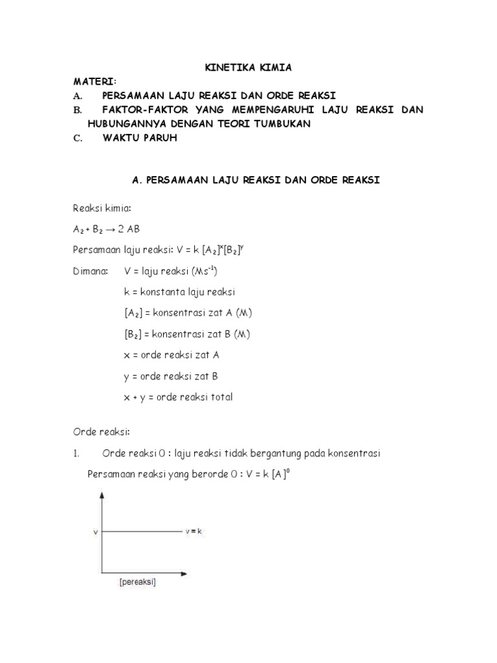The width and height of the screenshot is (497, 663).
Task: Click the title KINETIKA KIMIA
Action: click(x=248, y=68)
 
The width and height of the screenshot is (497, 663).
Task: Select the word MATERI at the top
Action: click(x=94, y=82)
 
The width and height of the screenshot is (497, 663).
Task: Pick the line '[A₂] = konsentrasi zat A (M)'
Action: click(x=188, y=313)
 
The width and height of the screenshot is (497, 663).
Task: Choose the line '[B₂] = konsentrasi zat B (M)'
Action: click(x=187, y=334)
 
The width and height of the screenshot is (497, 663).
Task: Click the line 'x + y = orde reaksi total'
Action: click(x=178, y=397)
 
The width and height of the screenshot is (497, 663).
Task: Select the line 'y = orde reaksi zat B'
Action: click(x=171, y=376)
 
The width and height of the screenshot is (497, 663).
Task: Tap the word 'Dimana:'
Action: click(x=90, y=271)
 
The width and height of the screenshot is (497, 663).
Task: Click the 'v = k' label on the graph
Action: click(x=194, y=531)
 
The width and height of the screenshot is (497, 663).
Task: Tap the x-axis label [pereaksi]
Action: click(x=137, y=582)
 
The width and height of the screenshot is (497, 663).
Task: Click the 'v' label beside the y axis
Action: click(x=95, y=532)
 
